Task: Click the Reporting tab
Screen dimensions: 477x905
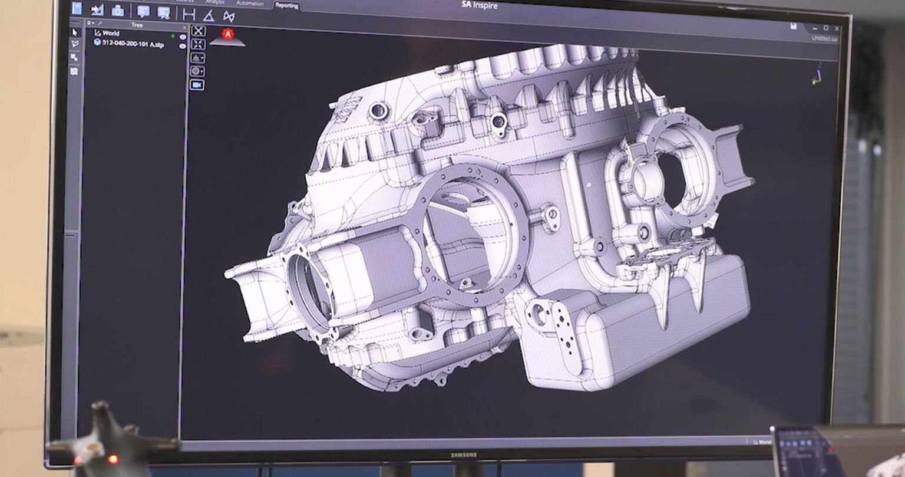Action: pos(286,5)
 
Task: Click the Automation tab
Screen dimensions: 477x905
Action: pos(250,3)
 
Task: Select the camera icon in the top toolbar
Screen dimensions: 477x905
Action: pos(118,11)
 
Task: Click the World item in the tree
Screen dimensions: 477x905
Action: pos(110,34)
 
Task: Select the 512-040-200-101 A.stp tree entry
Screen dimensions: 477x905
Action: pos(132,44)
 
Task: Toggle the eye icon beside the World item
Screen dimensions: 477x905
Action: pos(183,37)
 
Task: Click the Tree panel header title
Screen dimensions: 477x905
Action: pos(137,25)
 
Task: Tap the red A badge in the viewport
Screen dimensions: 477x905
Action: pos(227,35)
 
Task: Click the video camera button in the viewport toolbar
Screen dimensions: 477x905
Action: pos(197,85)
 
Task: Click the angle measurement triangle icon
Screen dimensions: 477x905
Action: pos(209,15)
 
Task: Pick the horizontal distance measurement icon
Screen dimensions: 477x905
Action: pos(189,15)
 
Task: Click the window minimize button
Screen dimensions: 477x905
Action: pos(815,28)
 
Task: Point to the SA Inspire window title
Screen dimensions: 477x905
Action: pos(480,6)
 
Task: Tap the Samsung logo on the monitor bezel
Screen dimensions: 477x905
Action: pos(464,455)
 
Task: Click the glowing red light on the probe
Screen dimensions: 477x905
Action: pos(112,459)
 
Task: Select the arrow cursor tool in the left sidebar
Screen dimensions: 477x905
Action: pos(74,32)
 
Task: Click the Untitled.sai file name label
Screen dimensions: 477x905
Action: pos(824,38)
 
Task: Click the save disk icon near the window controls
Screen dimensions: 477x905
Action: pos(794,27)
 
